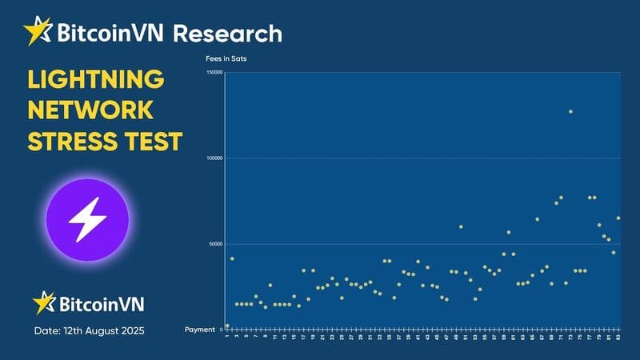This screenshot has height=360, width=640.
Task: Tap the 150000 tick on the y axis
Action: coord(213,73)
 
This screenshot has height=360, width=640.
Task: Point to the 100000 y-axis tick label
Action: coord(213,158)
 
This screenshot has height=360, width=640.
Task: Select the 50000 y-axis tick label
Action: coord(214,244)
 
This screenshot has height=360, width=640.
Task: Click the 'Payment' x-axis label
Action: coord(200,330)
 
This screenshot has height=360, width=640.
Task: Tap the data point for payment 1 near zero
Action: coord(227,326)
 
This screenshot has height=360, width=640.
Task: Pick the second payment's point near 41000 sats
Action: coord(232,258)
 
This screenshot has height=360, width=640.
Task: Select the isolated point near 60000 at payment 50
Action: coord(461,226)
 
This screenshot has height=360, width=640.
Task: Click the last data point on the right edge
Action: coord(618,218)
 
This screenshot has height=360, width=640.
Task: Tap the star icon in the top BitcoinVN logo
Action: coord(38,31)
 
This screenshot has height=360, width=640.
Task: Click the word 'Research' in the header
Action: coord(227,34)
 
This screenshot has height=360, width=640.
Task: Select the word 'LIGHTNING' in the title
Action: coord(96,79)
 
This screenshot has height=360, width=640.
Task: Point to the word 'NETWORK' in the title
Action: coord(90,110)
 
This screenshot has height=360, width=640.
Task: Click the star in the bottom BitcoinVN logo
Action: coord(43,302)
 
